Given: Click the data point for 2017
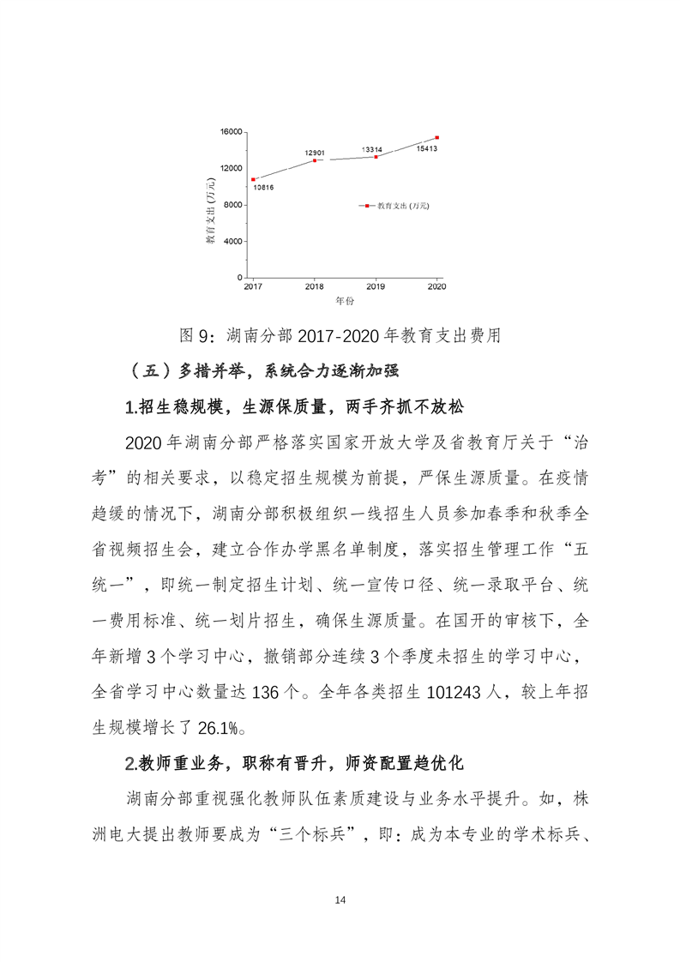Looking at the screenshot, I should (253, 179).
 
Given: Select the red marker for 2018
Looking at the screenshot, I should (315, 160).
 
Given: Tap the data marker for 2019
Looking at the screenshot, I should (376, 156).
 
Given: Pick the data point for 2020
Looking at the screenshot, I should (437, 137).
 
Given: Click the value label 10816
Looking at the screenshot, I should (262, 188).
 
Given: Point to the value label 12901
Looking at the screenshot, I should (314, 153).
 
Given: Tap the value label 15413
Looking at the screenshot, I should (427, 148).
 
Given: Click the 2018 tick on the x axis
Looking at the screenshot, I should (315, 286).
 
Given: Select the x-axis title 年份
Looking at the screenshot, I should (345, 301).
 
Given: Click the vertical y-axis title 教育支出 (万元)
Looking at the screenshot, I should (210, 217).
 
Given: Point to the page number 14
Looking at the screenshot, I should (340, 899).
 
